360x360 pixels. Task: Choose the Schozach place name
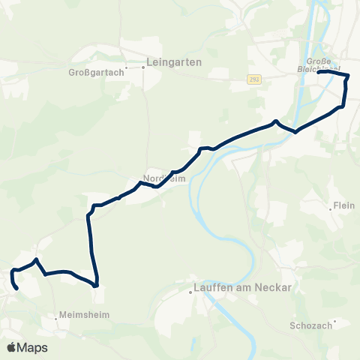[x=309, y=326]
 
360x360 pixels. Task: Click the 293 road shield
[x=256, y=79]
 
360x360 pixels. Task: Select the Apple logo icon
[x=12, y=347]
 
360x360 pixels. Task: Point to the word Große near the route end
[x=319, y=61]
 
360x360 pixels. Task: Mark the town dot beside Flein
[x=331, y=208]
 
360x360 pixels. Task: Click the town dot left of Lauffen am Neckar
[x=190, y=292]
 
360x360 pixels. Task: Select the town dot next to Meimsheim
[x=56, y=316]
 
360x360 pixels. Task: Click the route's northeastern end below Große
[x=319, y=72]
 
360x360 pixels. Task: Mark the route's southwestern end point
[x=17, y=287]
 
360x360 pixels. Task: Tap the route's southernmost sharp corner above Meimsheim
[x=97, y=285]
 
